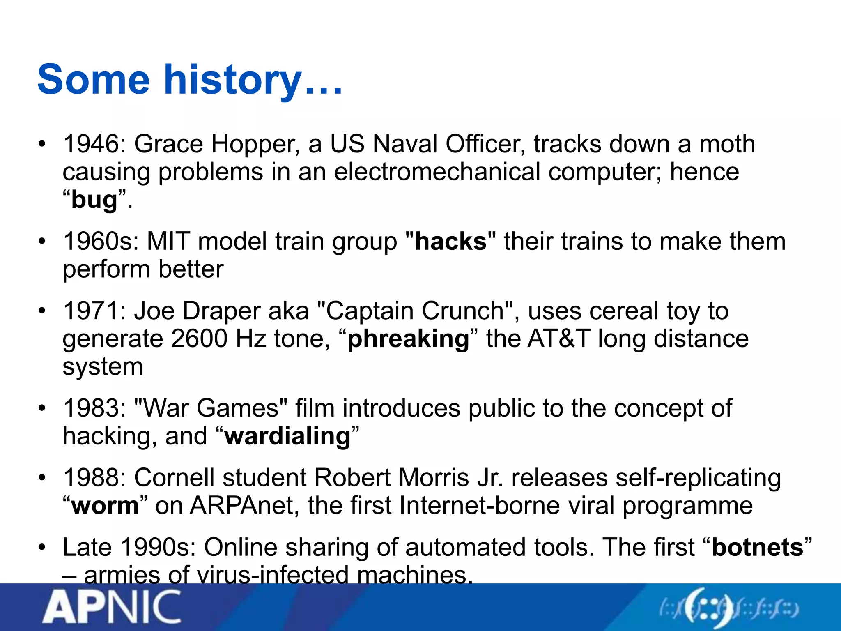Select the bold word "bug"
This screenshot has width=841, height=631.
(x=94, y=200)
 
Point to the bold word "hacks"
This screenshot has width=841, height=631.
(x=450, y=241)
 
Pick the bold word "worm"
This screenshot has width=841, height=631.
(x=105, y=505)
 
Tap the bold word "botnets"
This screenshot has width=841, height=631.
(x=757, y=547)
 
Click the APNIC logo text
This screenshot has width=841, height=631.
(x=112, y=607)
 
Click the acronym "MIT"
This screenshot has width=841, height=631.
(x=168, y=241)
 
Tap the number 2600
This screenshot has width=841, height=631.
(x=199, y=339)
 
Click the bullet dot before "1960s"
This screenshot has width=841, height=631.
(x=42, y=242)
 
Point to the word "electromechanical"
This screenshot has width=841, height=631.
(x=437, y=172)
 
